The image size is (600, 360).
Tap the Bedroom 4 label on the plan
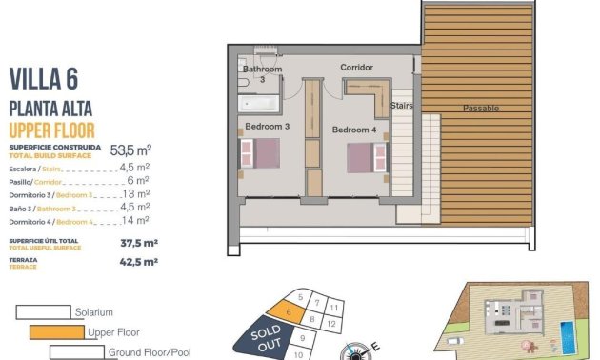[353, 129]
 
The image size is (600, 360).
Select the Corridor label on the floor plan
[356, 68]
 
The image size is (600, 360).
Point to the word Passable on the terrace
[481, 109]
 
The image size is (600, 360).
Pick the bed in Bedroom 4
[362, 155]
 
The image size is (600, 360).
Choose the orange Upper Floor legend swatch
[56, 332]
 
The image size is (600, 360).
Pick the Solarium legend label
[93, 312]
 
